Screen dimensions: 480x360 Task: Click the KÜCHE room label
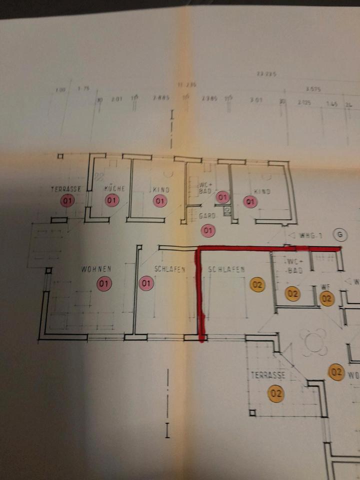pos(114,189)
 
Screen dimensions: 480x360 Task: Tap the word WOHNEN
pos(96,269)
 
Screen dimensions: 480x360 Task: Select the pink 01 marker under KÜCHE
pos(112,201)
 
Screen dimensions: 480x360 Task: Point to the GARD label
pos(207,216)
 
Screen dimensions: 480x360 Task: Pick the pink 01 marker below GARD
pos(207,230)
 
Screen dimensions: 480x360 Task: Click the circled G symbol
pos(340,234)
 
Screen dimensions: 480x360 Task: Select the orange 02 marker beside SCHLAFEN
pos(257,284)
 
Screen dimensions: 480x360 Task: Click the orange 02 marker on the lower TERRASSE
pos(275,393)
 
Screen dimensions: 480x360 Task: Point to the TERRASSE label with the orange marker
pos(268,375)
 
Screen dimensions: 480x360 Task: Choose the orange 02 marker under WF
pos(327,299)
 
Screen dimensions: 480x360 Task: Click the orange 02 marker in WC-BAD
pos(292,293)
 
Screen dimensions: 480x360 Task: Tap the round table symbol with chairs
pos(314,342)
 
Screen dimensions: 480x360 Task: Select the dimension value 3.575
pos(313,89)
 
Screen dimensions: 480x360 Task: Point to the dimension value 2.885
pos(161,98)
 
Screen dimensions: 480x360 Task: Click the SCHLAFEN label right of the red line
pos(226,269)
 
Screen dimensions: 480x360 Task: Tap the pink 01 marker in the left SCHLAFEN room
pos(146,284)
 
